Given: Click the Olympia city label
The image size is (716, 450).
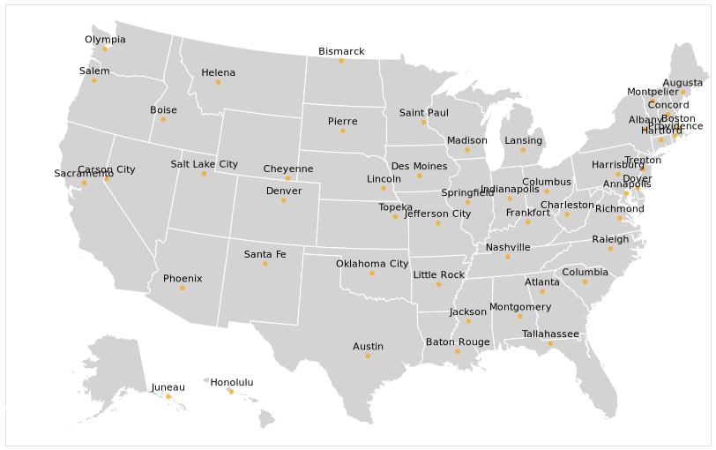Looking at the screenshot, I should click(x=105, y=40).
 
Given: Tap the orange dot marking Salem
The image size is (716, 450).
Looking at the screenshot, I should click(x=94, y=80).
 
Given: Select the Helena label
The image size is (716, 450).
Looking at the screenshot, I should click(x=218, y=73).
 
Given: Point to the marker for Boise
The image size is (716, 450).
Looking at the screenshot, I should click(x=163, y=119).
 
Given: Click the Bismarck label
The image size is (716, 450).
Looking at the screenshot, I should click(x=341, y=52).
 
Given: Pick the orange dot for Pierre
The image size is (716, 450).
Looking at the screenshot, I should click(x=343, y=131).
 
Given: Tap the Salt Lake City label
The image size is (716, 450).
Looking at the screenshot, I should click(x=204, y=164).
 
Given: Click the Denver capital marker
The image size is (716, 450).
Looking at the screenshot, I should click(x=283, y=200).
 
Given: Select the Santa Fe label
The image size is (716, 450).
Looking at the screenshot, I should click(x=265, y=255).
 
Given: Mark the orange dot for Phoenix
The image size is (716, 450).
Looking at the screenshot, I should click(x=183, y=288).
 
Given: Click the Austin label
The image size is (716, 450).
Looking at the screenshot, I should click(x=368, y=347).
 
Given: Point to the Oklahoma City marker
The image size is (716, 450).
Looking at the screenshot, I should click(x=372, y=273).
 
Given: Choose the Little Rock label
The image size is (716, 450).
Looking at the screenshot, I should click(x=438, y=275).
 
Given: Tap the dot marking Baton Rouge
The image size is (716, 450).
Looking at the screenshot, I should click(x=457, y=351).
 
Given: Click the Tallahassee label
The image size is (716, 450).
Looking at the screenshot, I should click(x=550, y=334).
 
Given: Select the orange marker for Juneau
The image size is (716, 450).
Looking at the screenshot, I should click(x=168, y=396).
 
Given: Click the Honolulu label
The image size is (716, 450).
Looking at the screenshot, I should click(x=231, y=383).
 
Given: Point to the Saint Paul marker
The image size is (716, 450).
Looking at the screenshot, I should click(x=424, y=122).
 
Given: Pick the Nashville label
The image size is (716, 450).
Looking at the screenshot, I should click(x=508, y=248).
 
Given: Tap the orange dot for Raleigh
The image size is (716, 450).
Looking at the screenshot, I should click(x=610, y=248).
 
